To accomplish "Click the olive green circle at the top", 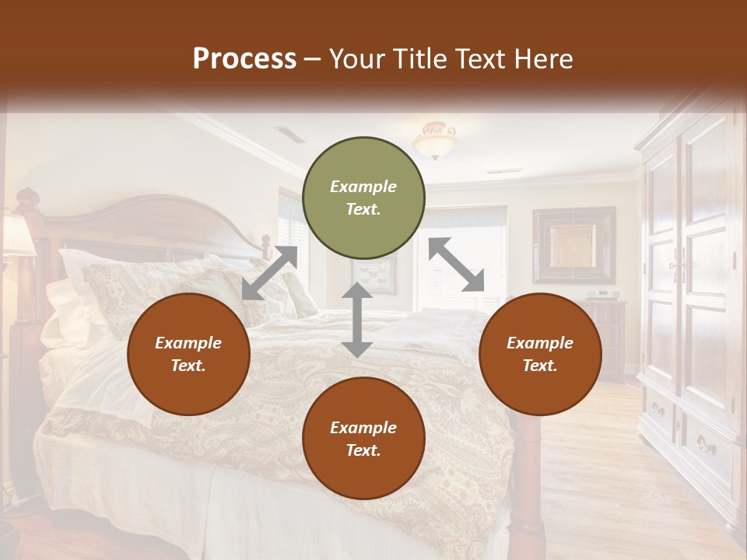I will tap(363, 198).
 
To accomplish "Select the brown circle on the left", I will tap(188, 355).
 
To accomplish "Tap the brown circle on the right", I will tap(540, 355).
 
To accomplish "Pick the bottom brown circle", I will tap(363, 439).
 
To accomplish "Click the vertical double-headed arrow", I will tap(356, 320).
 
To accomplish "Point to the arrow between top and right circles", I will tap(457, 264).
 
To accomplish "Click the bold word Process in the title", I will tap(244, 59).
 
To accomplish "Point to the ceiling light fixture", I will tap(436, 140).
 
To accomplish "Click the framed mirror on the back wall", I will tap(573, 245).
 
